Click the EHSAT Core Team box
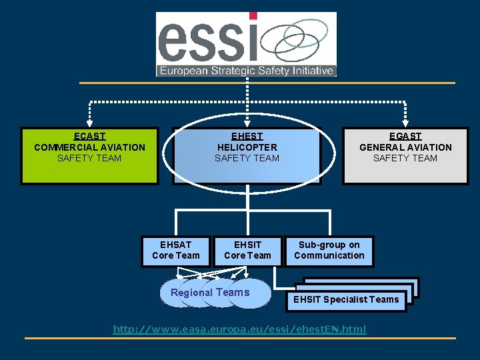tap(176, 251)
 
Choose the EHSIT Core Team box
tap(248, 251)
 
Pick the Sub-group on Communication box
tap(329, 251)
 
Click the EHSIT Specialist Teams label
tap(347, 299)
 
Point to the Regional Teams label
tap(210, 293)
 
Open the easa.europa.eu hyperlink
tap(240, 329)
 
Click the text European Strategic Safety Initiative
tap(245, 70)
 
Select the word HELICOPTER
tap(247, 147)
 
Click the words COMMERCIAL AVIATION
tap(89, 147)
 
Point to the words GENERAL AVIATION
tap(405, 147)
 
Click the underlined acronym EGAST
tap(405, 137)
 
